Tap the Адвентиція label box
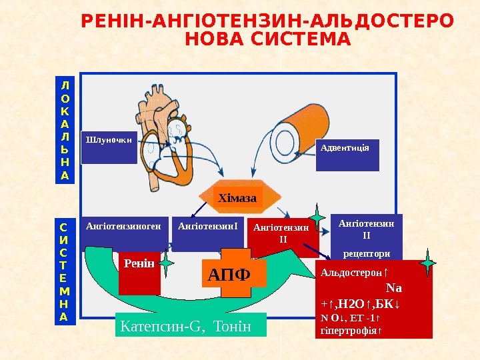point(346,154)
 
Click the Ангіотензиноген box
point(123,233)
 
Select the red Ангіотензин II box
point(282,236)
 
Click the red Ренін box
point(139,272)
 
